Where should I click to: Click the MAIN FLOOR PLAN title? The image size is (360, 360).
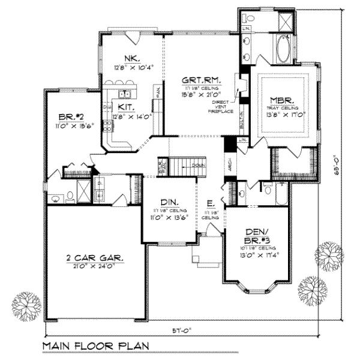[97, 347]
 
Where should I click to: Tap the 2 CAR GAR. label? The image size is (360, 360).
[96, 258]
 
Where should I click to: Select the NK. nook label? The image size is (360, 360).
[131, 58]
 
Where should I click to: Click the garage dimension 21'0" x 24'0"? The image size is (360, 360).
[96, 266]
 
